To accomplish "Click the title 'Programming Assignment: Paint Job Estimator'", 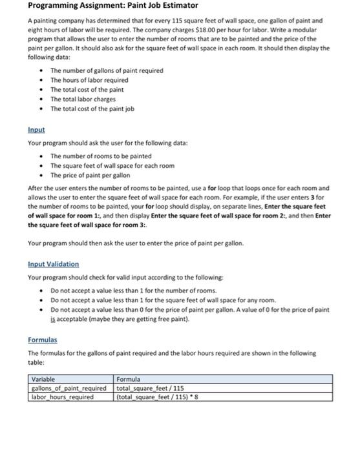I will [x=103, y=6].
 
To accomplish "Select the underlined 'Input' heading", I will [x=36, y=129].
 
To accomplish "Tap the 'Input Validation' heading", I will [x=54, y=264].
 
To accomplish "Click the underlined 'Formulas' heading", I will [x=43, y=339].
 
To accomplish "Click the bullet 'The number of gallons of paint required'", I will [x=107, y=70].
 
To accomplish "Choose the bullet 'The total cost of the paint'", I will [x=88, y=89].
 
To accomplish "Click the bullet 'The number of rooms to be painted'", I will [x=101, y=156].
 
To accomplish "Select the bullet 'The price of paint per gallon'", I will [x=90, y=175].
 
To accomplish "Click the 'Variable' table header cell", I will [x=44, y=380].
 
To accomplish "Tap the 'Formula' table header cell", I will [x=128, y=380].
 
